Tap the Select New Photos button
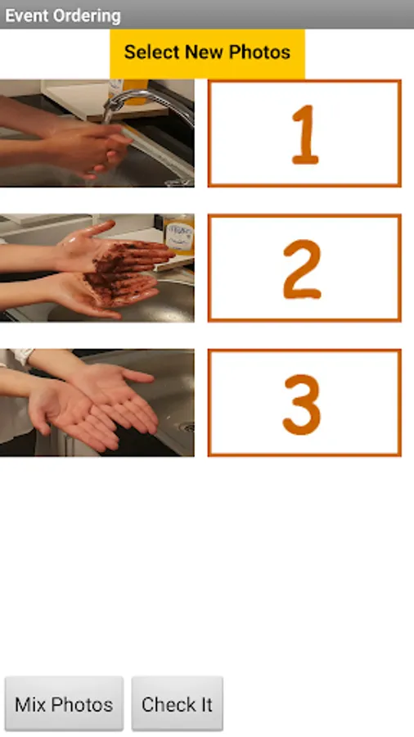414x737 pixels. [x=207, y=53]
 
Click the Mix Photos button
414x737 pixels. [x=65, y=703]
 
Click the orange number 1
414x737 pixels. [x=305, y=134]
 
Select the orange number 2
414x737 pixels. [x=303, y=269]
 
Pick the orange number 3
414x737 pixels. [x=302, y=405]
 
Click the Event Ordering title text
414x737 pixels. [x=63, y=16]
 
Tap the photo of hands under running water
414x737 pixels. [x=97, y=133]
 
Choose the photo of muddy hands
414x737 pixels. [x=97, y=268]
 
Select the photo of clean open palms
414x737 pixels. [x=97, y=403]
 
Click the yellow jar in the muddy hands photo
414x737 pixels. [x=178, y=234]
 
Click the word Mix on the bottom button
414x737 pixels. [x=30, y=704]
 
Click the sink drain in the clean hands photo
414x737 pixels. [x=188, y=427]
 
